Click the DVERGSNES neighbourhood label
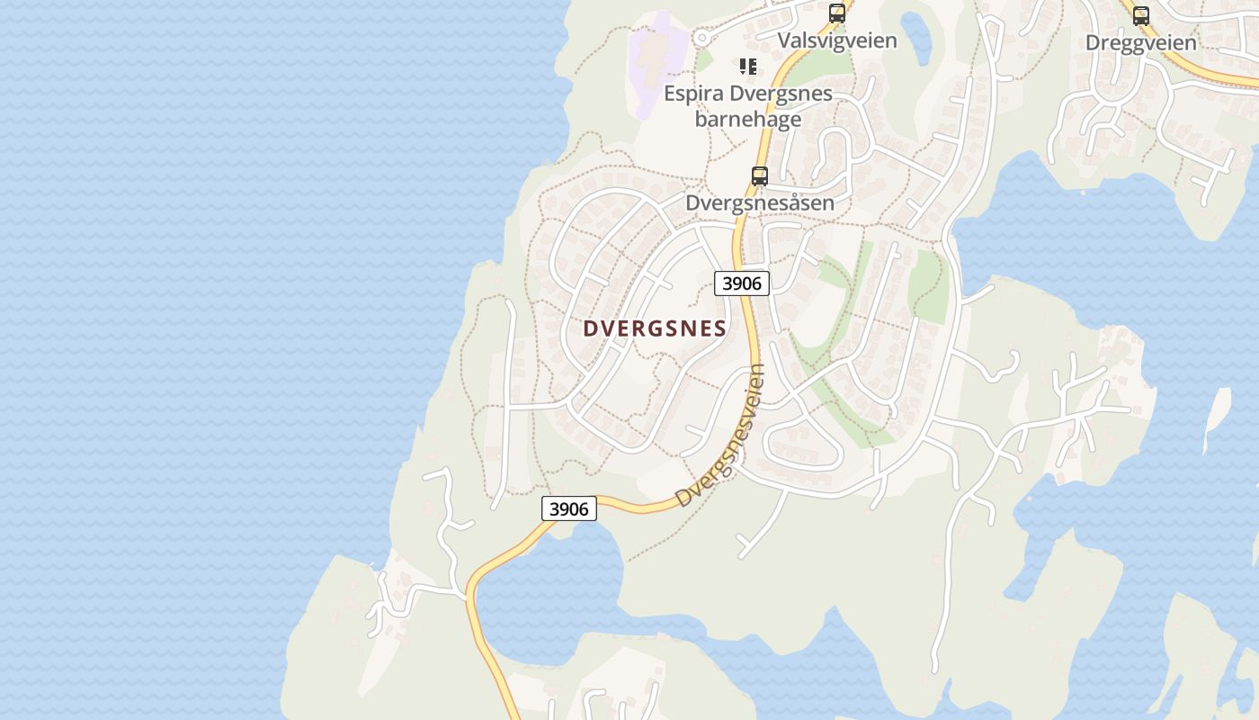point(654,328)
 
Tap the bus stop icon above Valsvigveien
point(837,13)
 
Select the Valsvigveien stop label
point(837,40)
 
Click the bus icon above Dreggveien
point(1140,15)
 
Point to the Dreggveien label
point(1140,42)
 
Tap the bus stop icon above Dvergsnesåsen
point(760,176)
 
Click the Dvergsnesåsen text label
point(760,203)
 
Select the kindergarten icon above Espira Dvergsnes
point(748,67)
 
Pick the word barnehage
point(748,119)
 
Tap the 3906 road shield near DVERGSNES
point(742,283)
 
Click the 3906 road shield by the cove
point(569,509)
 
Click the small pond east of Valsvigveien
point(916,36)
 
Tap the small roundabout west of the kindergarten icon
point(702,39)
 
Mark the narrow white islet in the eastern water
point(1216,419)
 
